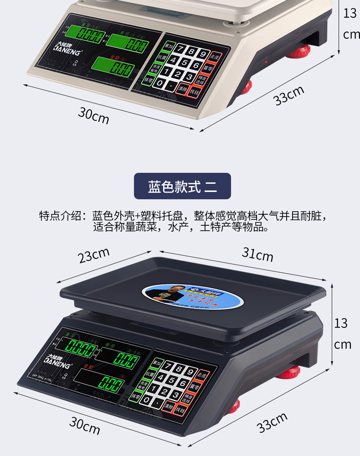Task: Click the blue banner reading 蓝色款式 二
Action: (182, 186)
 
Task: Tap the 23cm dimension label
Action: (94, 255)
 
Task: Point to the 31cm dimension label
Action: (257, 254)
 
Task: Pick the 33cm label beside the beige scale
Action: (289, 95)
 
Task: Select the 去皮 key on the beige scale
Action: (215, 57)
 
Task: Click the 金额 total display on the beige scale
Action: (113, 68)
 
